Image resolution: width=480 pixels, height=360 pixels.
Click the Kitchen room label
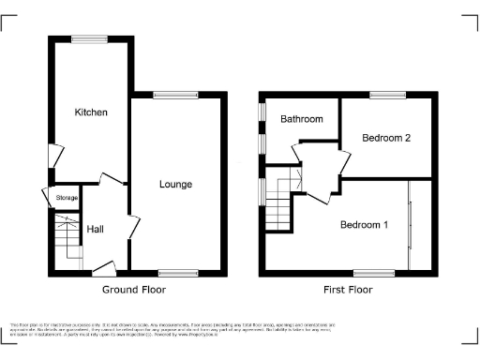pos(92,112)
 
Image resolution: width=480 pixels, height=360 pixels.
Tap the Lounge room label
pos(175,185)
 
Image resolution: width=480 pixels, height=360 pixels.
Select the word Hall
pos(96,229)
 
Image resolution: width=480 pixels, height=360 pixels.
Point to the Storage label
pos(67,198)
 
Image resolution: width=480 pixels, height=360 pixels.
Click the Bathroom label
pos(301,119)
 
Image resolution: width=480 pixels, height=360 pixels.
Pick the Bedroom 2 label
pos(387,138)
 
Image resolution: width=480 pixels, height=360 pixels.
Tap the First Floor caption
pos(348,290)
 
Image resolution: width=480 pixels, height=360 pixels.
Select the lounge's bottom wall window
pos(177,273)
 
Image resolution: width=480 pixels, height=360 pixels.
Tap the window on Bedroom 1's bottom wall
pos(374,273)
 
